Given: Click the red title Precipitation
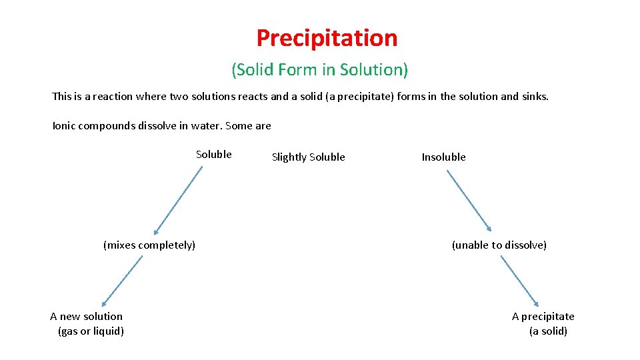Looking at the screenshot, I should (x=327, y=37).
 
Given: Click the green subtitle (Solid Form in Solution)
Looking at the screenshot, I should (x=319, y=69).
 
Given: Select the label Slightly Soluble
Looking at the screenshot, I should (x=308, y=157).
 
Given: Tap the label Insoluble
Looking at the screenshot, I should (x=443, y=157).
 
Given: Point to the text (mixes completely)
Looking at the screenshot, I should (x=149, y=245).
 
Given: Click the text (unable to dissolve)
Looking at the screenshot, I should (x=499, y=245).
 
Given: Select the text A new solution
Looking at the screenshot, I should (x=86, y=316).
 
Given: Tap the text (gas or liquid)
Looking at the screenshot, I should (x=91, y=331).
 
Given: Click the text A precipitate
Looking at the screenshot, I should (x=543, y=316).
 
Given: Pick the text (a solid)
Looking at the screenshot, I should (x=548, y=331).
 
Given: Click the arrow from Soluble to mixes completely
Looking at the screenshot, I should (x=178, y=199).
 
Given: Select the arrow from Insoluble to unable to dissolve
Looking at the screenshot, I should (x=469, y=201).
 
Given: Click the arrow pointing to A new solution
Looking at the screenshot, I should (x=122, y=281).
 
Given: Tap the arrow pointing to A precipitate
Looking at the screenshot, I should (x=519, y=281).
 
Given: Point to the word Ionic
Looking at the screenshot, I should (x=64, y=125).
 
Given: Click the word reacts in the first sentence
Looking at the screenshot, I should (x=251, y=96).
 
